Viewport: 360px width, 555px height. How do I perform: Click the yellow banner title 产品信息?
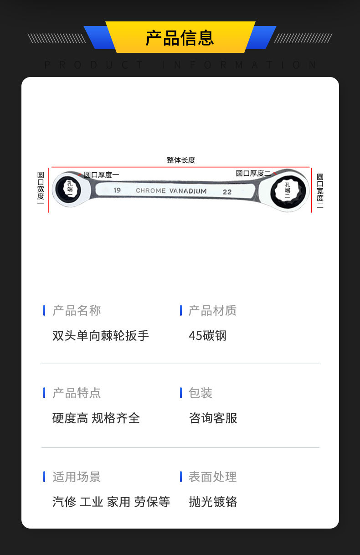point(180,38)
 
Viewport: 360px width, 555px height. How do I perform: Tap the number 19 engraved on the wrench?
point(117,190)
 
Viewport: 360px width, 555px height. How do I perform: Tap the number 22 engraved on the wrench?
point(227,192)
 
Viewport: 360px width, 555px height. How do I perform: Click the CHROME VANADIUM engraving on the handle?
point(171,191)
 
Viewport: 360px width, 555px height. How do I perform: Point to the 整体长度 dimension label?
point(180,160)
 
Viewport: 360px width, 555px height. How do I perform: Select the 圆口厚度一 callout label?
point(101,175)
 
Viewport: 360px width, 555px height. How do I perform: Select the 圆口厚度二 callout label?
point(253,173)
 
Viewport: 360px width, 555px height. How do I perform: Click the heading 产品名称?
point(77,311)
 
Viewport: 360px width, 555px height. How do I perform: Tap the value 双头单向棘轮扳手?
point(101,336)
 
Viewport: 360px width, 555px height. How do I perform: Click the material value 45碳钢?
point(207,336)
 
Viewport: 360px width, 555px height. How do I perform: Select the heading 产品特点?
point(77,393)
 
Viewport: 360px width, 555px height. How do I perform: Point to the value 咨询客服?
point(213,418)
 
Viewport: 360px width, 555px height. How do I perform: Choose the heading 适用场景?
point(77,477)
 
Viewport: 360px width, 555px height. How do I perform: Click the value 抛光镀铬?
point(213,502)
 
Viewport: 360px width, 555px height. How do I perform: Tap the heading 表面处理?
point(212,477)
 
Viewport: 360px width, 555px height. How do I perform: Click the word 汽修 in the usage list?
point(64,502)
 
